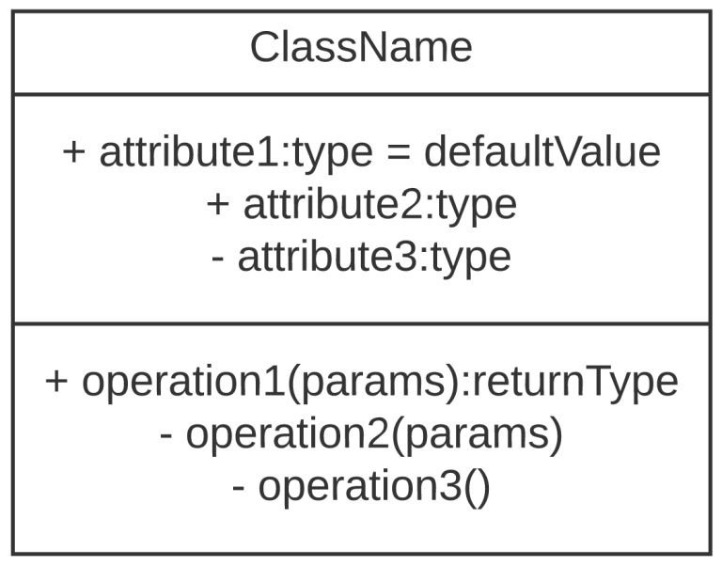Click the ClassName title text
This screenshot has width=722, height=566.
pos(361,48)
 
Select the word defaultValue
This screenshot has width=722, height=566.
pos(542,153)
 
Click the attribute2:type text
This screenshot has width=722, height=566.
pos(380,205)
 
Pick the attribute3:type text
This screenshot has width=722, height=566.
pos(374,257)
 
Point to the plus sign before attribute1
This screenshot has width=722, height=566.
pos(74,153)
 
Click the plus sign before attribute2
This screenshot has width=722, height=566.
pos(218,205)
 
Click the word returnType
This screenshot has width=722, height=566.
pos(573,382)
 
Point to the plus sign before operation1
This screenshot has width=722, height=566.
pos(57,383)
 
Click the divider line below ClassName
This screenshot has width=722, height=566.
pos(361,94)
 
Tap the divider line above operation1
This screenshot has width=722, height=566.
pos(361,324)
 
